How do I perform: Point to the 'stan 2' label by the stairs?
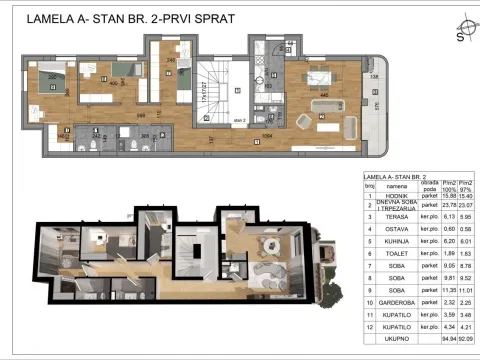[x=239, y=118]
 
